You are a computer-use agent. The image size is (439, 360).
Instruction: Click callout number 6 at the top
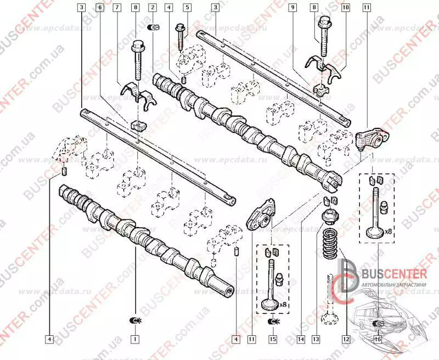[99, 8]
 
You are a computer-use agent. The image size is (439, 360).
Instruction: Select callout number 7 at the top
[117, 8]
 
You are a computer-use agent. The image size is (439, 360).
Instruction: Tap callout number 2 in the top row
[153, 8]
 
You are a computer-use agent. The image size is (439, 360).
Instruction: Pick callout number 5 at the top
[187, 8]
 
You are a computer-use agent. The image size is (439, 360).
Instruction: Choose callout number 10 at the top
[345, 8]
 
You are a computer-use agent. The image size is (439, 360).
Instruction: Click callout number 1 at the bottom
[134, 339]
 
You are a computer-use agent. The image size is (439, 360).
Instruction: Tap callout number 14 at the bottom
[301, 339]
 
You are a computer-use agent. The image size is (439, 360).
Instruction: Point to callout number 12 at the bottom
[345, 339]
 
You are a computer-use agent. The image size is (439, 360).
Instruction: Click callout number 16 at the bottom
[378, 339]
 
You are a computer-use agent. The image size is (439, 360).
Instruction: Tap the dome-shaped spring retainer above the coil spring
[330, 216]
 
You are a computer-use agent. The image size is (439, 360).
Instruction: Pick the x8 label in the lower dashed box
[283, 304]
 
